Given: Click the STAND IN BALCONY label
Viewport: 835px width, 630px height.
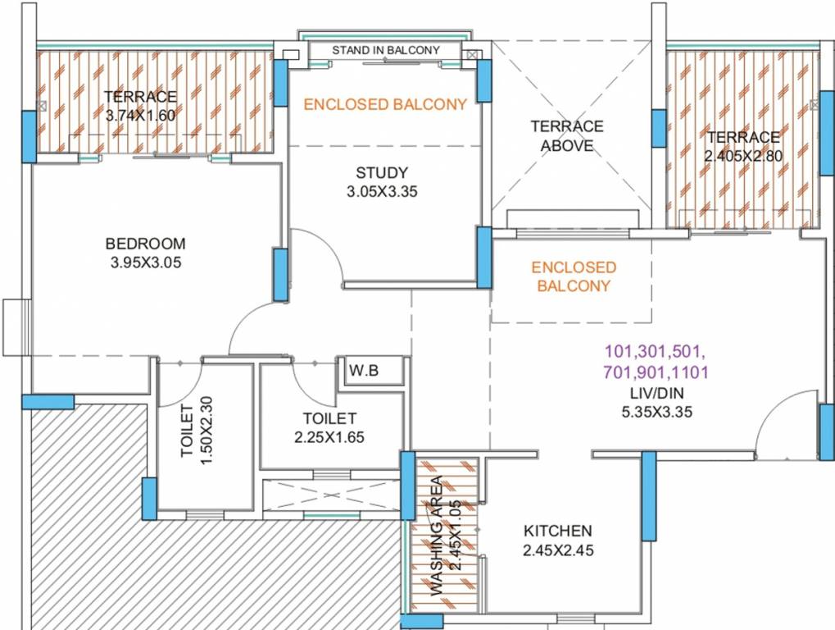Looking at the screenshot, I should [x=385, y=50].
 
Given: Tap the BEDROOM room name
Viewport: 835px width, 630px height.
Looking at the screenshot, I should [x=146, y=244].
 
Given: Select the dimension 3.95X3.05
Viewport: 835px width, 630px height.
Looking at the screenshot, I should [x=146, y=263].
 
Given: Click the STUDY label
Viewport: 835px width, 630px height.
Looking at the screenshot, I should [x=382, y=173].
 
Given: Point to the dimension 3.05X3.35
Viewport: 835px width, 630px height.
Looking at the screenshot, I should [x=382, y=193].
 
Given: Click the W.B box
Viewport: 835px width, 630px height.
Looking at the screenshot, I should [x=364, y=370].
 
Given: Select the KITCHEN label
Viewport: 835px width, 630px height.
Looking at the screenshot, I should [x=558, y=531].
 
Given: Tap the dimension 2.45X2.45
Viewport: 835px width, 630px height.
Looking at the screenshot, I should [x=558, y=550].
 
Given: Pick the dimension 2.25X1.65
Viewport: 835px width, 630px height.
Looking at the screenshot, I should [x=329, y=437].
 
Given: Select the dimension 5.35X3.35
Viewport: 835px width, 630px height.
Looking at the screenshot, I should [x=656, y=412].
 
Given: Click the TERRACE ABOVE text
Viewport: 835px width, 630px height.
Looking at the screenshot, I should [x=567, y=136].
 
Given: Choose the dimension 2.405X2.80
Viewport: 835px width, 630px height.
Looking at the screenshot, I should [x=743, y=156].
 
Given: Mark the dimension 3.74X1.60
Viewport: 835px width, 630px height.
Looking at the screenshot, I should [x=140, y=116].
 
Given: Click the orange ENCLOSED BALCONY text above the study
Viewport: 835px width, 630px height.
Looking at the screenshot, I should [x=385, y=104].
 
